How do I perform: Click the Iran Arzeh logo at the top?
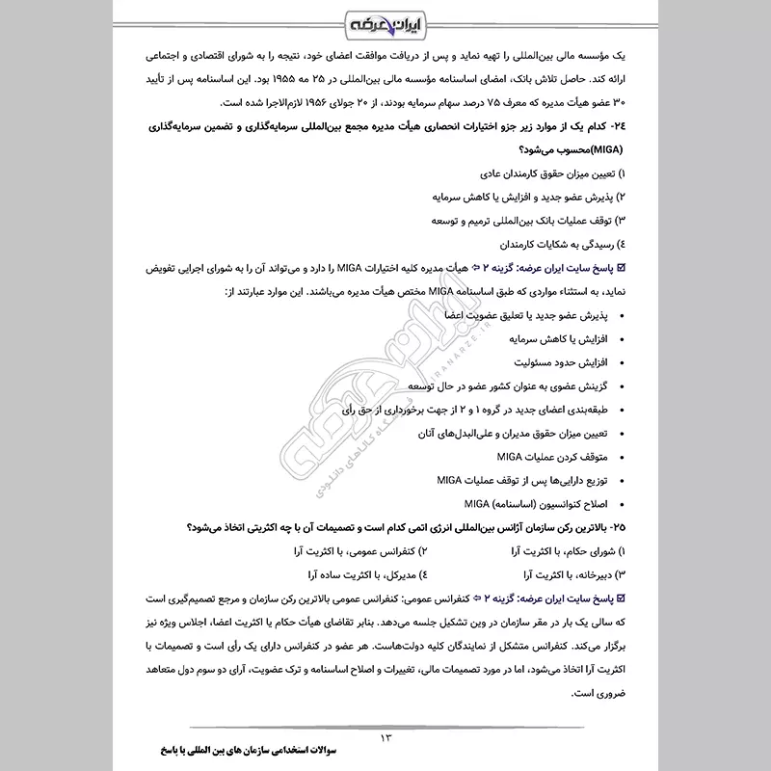[385, 20]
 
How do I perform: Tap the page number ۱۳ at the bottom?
[386, 738]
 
